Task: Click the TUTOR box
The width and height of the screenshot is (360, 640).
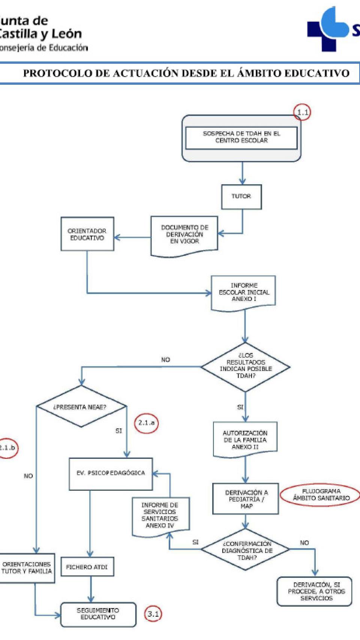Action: click(241, 197)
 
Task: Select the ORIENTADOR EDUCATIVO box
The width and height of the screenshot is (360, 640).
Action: click(87, 234)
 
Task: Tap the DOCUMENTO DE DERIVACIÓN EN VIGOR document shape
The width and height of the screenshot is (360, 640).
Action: click(184, 235)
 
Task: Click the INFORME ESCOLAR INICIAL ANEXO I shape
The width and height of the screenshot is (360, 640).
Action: click(244, 292)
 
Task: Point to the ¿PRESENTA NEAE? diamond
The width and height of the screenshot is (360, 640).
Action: click(81, 407)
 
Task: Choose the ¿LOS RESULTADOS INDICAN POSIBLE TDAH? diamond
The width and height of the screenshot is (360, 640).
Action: click(246, 366)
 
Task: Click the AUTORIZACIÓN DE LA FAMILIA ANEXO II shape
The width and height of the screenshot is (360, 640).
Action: click(245, 440)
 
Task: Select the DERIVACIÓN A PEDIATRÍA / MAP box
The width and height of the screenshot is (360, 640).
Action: click(246, 499)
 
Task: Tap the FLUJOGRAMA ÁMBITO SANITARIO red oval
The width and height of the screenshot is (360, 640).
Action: click(321, 495)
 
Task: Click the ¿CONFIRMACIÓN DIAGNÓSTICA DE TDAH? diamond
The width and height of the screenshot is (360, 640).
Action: click(246, 550)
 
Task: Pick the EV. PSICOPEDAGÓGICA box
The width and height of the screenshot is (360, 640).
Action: click(111, 473)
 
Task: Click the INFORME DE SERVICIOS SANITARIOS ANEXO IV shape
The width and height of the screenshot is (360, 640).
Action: click(160, 515)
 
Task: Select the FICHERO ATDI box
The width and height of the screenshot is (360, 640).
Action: click(87, 567)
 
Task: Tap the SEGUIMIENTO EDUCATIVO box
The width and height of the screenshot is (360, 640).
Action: click(98, 614)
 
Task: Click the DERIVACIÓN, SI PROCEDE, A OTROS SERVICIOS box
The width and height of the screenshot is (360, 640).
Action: click(314, 591)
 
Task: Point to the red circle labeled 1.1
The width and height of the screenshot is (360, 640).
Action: click(302, 112)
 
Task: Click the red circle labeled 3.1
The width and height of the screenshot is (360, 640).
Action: click(153, 614)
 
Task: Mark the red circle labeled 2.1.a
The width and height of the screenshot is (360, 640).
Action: click(146, 423)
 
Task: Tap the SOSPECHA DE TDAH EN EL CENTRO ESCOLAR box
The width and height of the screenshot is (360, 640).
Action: click(241, 137)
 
